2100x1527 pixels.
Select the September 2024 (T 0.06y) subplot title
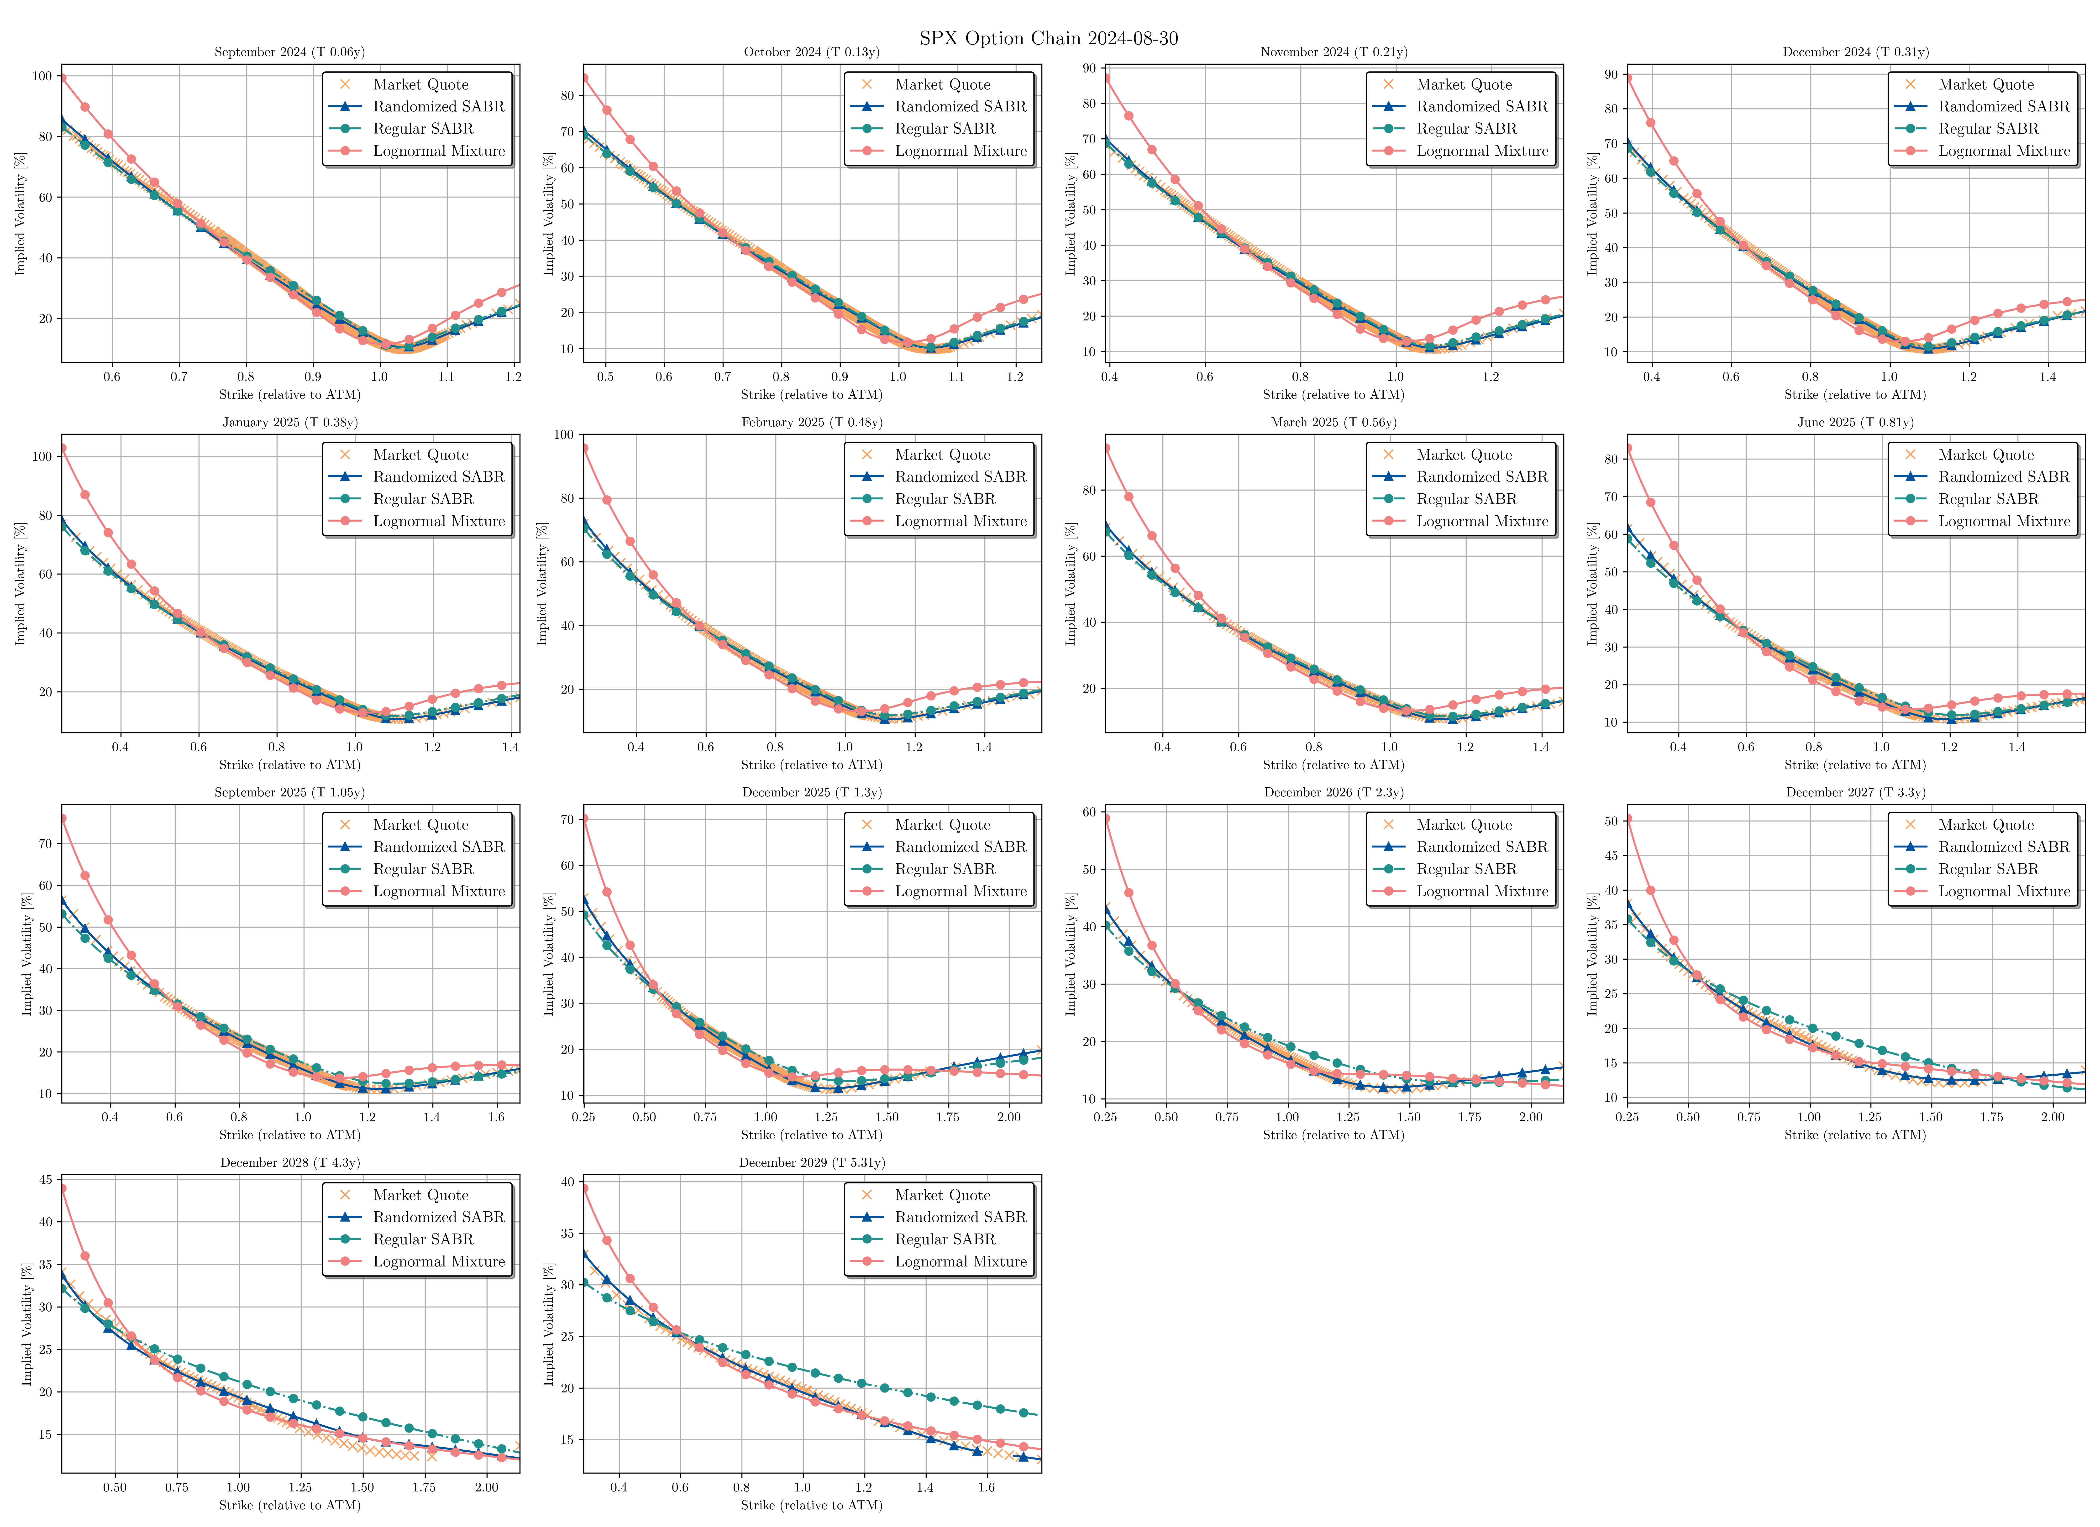(x=290, y=52)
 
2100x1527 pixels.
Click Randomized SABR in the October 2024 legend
(x=960, y=106)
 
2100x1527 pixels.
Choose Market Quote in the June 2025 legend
(x=1986, y=455)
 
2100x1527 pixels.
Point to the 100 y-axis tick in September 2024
(x=42, y=76)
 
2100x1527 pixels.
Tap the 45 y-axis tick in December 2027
(x=1611, y=856)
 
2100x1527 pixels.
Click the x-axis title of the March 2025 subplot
(x=1333, y=765)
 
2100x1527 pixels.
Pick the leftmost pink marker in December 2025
(x=584, y=819)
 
